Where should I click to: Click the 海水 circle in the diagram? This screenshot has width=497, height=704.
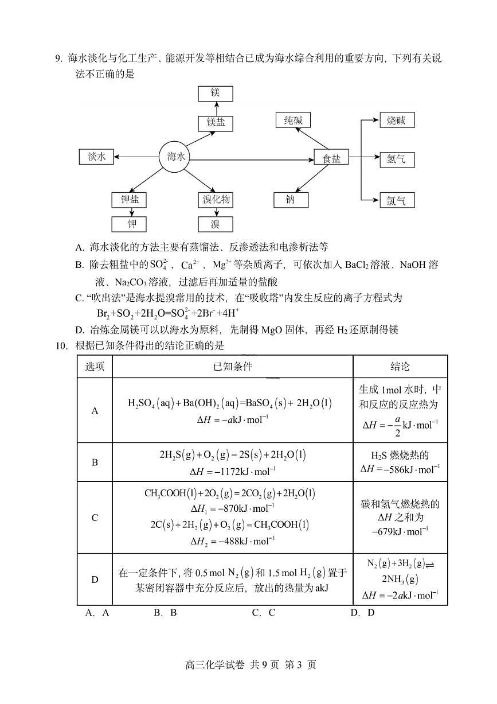tap(176, 157)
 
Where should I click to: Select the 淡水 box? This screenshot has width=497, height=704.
tap(96, 157)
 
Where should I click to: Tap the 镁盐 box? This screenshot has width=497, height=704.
tap(216, 123)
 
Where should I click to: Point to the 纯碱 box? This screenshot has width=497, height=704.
tap(292, 120)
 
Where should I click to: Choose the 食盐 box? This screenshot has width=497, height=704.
tap(331, 158)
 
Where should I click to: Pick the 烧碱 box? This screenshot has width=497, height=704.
tap(396, 120)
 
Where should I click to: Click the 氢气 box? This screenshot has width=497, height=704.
tap(396, 159)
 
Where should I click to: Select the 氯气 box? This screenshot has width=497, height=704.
tap(396, 200)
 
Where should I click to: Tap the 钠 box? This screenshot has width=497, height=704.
tap(290, 200)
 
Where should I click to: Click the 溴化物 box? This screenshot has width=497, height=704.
tap(216, 200)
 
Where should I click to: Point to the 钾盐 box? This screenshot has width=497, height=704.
tap(130, 200)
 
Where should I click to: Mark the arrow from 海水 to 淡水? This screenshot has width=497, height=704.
tap(136, 157)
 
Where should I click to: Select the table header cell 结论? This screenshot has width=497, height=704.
tap(400, 367)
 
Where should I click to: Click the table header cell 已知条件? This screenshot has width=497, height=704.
tap(232, 367)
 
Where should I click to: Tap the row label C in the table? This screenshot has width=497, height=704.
tap(95, 518)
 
